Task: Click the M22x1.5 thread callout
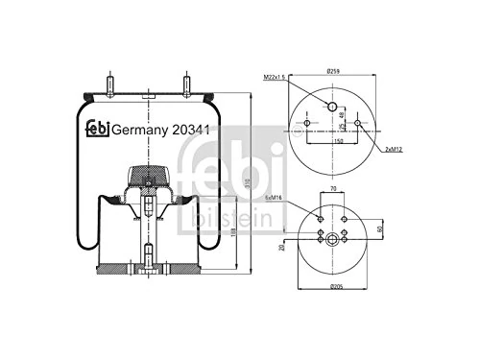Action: click(275, 78)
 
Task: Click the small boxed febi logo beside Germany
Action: click(96, 129)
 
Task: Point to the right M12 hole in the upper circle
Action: click(358, 124)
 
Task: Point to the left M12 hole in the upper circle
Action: click(306, 124)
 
